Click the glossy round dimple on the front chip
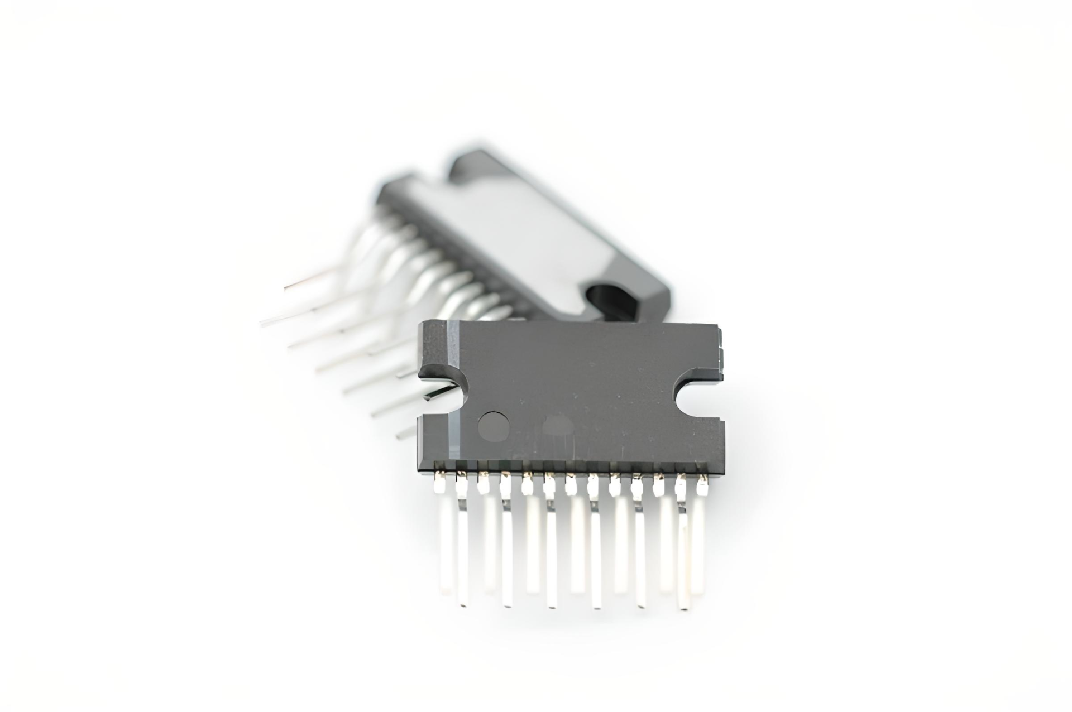pos(494,426)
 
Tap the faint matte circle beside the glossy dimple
pos(558,427)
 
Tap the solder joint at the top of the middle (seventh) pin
pos(571,487)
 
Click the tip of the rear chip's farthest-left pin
pos(262,324)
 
